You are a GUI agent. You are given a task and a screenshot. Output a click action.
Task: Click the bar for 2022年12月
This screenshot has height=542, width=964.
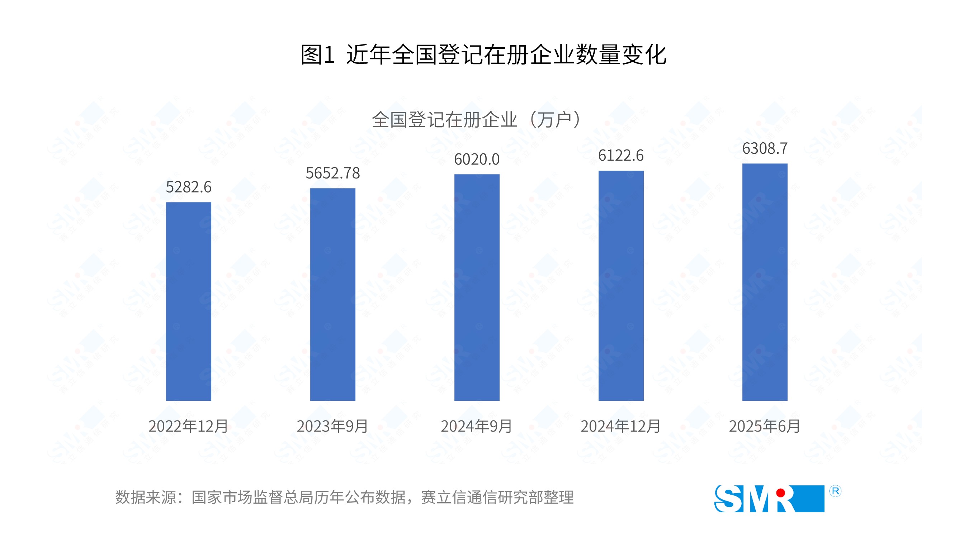(x=189, y=301)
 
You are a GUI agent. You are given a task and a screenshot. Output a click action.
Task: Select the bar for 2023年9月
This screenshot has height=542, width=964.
(x=333, y=294)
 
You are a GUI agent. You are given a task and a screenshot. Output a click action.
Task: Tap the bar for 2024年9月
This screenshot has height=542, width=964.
(x=477, y=287)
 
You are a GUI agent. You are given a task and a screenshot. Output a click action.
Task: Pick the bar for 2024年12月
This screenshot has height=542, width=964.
(x=621, y=285)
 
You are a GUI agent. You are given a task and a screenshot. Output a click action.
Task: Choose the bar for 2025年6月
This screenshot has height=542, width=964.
(x=765, y=282)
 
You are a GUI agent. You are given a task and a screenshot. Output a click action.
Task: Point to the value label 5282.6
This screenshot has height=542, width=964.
(x=189, y=187)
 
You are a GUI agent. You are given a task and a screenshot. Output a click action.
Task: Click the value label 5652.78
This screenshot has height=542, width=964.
(x=333, y=173)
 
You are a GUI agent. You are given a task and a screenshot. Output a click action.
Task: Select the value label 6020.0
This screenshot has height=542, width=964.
(x=477, y=160)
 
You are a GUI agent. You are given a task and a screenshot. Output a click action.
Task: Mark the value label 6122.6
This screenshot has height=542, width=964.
(x=621, y=156)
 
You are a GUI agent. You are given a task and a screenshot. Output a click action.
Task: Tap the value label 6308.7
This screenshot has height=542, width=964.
(x=765, y=148)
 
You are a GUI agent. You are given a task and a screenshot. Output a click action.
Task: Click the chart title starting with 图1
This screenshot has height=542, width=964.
(x=483, y=54)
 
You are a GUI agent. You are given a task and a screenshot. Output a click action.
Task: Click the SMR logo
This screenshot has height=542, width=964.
(x=769, y=499)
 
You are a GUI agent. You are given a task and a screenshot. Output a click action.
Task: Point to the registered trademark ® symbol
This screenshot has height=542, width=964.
(x=835, y=491)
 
